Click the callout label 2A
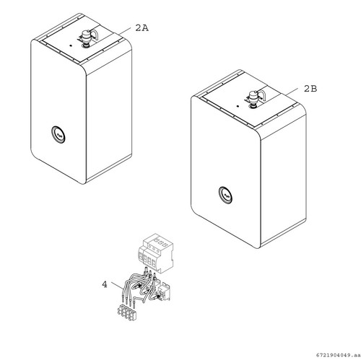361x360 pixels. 142,28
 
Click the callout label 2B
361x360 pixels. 310,89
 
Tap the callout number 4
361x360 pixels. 105,284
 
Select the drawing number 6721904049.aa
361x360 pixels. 338,355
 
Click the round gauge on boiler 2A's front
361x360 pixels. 58,134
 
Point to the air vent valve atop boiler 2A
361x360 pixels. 85,38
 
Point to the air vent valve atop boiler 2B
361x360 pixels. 253,99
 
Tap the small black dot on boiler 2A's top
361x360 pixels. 70,45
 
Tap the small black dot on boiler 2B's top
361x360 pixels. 238,106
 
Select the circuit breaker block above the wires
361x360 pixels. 156,253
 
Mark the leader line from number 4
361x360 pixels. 116,286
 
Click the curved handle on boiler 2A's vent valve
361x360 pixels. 95,34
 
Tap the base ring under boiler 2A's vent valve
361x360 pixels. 85,46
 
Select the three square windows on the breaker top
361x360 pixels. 160,241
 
